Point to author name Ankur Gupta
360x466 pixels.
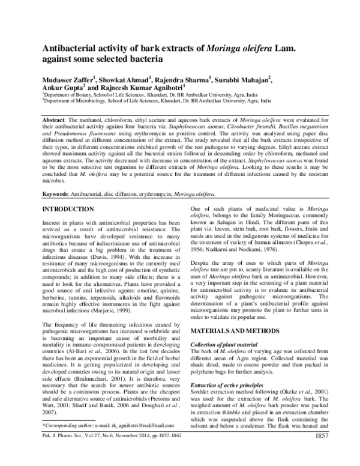[x=62, y=86]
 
